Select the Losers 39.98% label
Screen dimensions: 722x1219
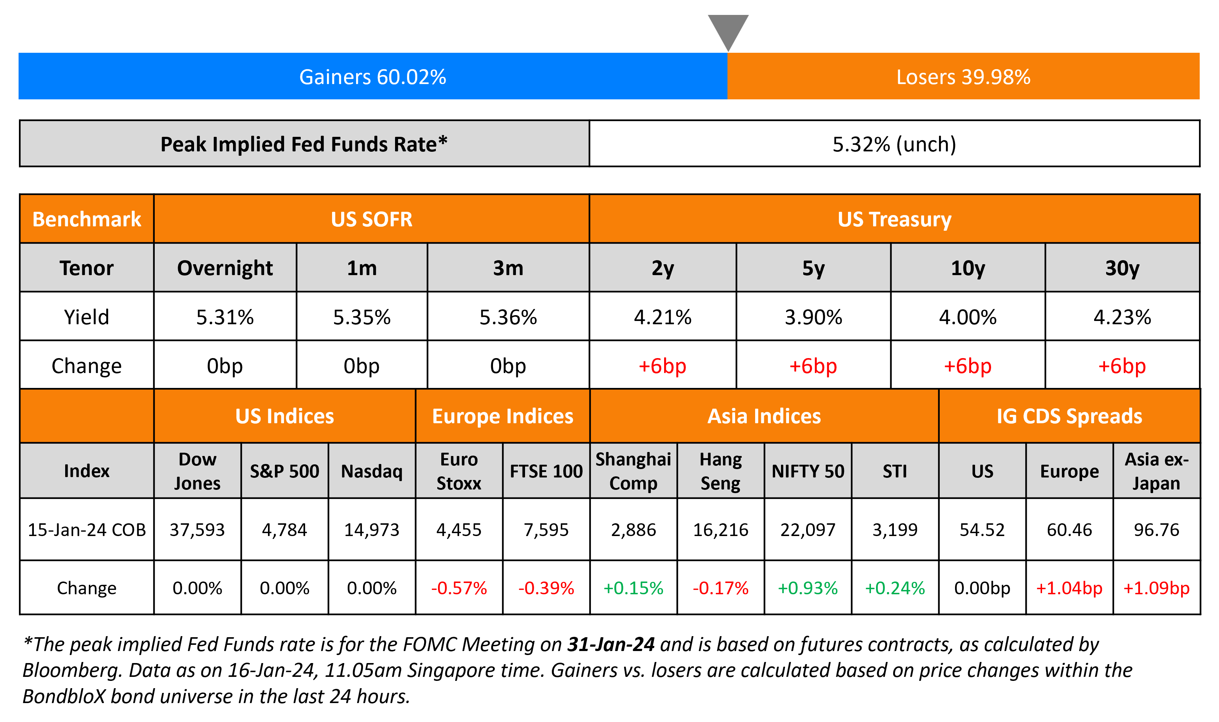click(963, 77)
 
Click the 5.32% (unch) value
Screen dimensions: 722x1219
click(894, 144)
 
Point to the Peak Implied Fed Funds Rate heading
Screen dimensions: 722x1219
click(304, 144)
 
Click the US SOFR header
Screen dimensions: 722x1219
click(371, 219)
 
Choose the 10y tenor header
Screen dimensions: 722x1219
click(967, 268)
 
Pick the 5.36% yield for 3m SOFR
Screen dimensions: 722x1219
click(508, 317)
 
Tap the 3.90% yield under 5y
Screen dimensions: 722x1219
click(813, 317)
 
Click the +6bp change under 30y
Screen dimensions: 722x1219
click(1122, 366)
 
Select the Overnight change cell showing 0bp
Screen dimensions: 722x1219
click(225, 366)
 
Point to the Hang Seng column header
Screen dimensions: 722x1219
click(720, 471)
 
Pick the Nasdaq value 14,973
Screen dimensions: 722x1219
click(371, 529)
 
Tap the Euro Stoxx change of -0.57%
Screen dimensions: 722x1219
click(458, 588)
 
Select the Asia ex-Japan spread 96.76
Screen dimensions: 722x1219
click(1156, 529)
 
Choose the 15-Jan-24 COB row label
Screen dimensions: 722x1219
click(87, 529)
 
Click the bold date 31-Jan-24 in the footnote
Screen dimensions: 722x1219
click(611, 644)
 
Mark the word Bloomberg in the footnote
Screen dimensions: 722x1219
click(71, 670)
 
